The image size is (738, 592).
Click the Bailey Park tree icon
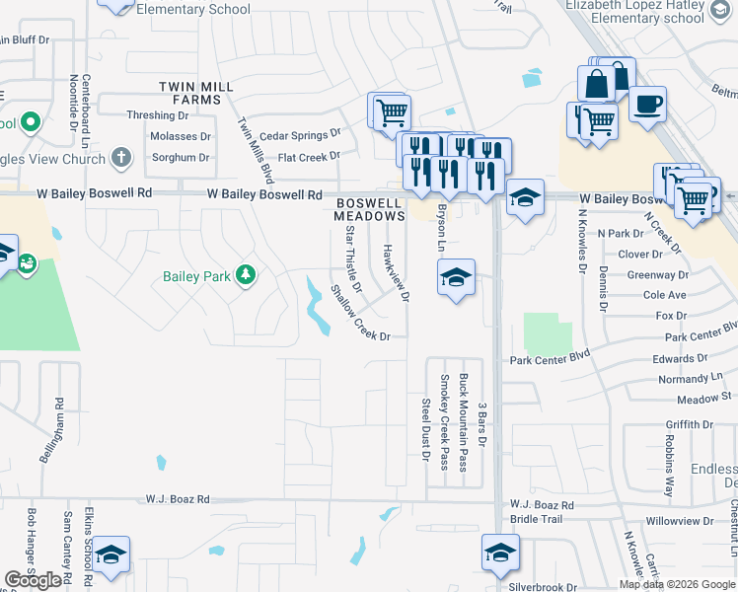(246, 275)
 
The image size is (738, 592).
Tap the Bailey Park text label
(196, 276)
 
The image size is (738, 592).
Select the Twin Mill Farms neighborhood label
(203, 93)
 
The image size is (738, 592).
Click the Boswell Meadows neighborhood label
(370, 208)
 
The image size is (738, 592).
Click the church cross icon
(121, 157)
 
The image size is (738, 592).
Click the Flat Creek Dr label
(308, 156)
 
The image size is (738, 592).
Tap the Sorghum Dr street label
(178, 157)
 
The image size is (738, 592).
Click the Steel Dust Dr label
(425, 429)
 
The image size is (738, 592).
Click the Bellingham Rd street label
(58, 425)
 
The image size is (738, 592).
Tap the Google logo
(33, 580)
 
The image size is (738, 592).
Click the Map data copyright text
(676, 584)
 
